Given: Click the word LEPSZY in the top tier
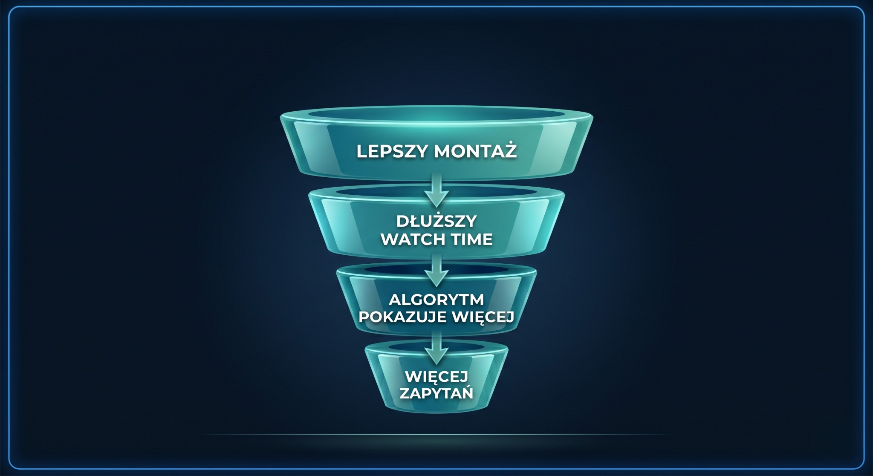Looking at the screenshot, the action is pyautogui.click(x=391, y=152).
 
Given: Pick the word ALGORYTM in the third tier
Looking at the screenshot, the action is pyautogui.click(x=436, y=300).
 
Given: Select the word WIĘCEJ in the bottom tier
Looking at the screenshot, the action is pyautogui.click(x=436, y=377).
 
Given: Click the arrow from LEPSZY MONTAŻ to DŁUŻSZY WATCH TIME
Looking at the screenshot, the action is pyautogui.click(x=436, y=190).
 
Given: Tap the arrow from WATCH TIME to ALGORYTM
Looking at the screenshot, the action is pyautogui.click(x=436, y=270).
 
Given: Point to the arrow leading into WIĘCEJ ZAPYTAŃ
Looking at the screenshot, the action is pyautogui.click(x=436, y=348).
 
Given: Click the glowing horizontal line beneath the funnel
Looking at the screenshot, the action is pyautogui.click(x=436, y=435).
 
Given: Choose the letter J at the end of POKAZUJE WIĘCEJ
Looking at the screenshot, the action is pyautogui.click(x=509, y=317).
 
